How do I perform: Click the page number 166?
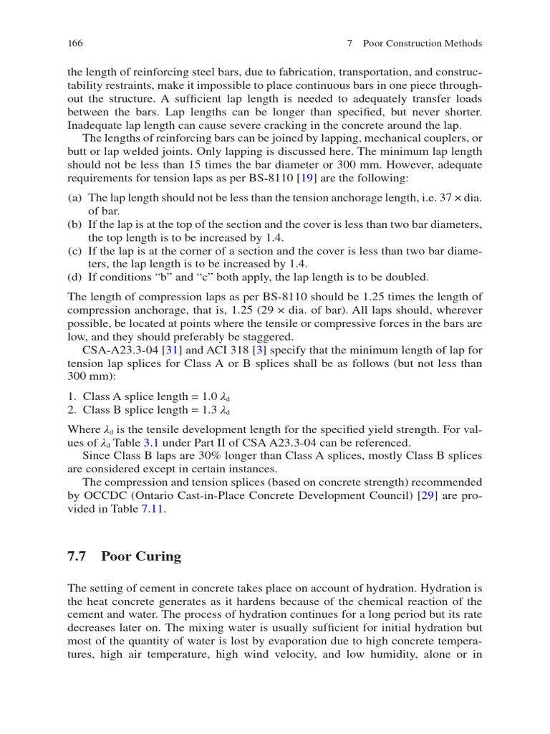coord(75,43)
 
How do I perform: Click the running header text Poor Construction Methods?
coord(423,43)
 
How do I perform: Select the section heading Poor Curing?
coord(141,556)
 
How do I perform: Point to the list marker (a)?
coord(74,198)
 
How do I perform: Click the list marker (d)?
coord(74,277)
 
